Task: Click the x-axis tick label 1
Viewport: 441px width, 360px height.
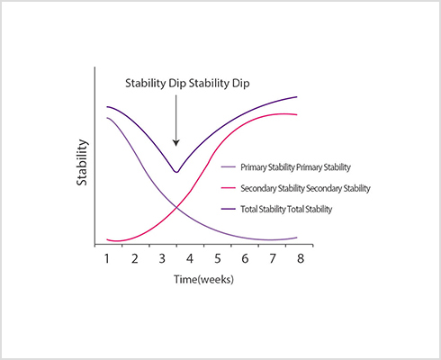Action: [x=106, y=258]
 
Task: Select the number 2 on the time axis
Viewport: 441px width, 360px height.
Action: [x=135, y=258]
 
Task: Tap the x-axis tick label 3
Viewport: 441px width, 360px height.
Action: [x=162, y=258]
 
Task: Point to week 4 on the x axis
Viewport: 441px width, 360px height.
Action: [x=190, y=258]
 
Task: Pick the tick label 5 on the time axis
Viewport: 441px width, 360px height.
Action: [x=218, y=258]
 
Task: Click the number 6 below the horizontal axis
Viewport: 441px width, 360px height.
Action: [x=245, y=258]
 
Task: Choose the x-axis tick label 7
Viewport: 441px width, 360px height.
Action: [x=273, y=258]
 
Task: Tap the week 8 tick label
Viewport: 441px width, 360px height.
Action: [x=301, y=258]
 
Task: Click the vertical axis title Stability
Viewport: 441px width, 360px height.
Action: [x=82, y=163]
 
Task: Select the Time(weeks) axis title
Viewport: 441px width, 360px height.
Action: [x=203, y=279]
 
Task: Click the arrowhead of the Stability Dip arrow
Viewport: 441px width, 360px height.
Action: [x=176, y=143]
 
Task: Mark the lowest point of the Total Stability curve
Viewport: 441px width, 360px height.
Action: [x=176, y=172]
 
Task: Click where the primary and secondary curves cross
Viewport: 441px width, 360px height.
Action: [x=176, y=207]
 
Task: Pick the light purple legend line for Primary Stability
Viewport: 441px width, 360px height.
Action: [x=229, y=166]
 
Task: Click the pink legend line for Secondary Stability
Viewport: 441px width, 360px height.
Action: [x=229, y=188]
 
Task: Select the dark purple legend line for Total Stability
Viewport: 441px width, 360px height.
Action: [x=229, y=209]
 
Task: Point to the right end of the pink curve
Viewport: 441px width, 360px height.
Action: [x=297, y=114]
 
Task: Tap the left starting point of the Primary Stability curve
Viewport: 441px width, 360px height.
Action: [x=107, y=118]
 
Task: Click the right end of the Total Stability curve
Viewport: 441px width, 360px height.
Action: [x=297, y=96]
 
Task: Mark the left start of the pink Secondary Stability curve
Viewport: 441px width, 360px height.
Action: [x=107, y=239]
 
